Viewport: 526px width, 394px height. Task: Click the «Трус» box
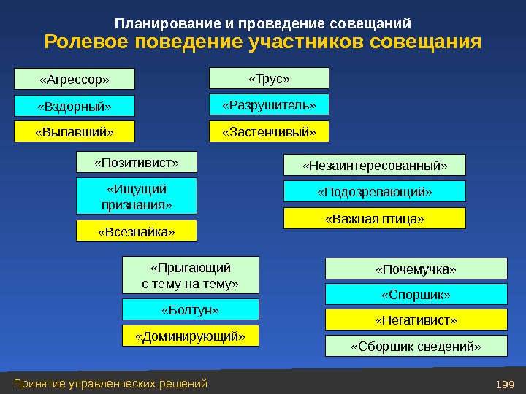[x=269, y=78]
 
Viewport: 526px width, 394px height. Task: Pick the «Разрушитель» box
[x=269, y=105]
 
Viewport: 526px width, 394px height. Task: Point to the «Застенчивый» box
[x=269, y=131]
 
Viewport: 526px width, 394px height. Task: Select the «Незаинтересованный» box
[x=374, y=166]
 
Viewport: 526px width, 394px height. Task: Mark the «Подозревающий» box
[x=374, y=192]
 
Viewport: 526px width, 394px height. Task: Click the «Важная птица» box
[x=374, y=218]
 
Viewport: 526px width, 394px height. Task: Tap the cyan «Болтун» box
[x=190, y=309]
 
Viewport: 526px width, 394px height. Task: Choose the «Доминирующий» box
[x=190, y=336]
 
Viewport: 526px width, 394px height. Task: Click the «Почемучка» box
[x=416, y=269]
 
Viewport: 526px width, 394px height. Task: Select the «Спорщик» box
[x=416, y=295]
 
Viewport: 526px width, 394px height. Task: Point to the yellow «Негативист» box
[x=416, y=320]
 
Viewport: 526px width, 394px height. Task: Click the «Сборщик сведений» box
[x=416, y=346]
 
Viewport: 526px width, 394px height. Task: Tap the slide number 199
[x=504, y=384]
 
